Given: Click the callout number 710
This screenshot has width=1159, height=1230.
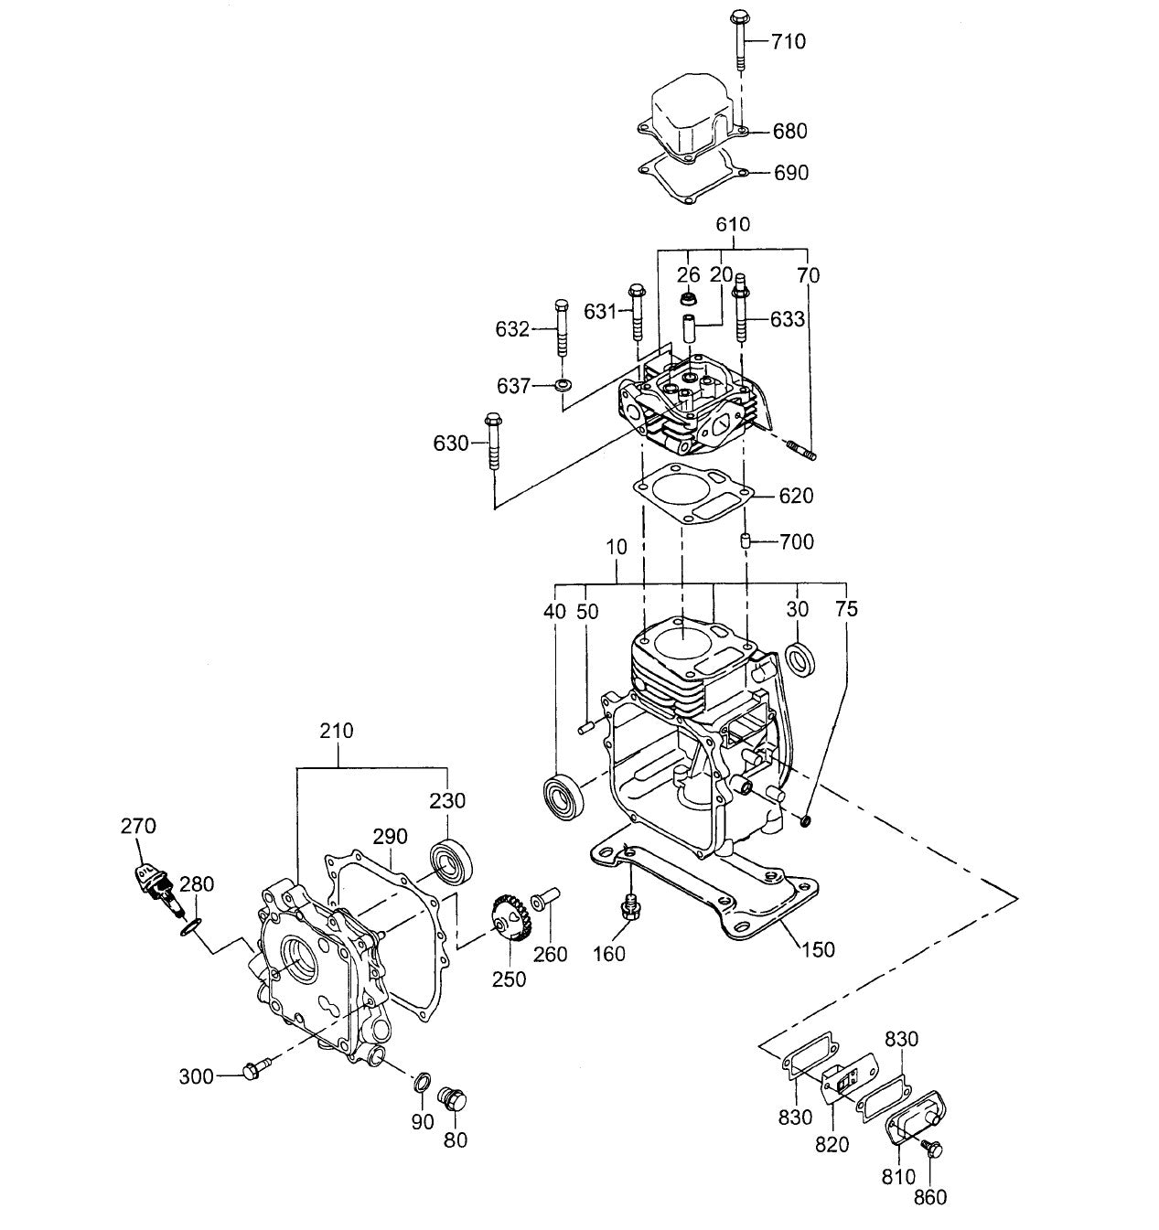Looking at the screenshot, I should [x=788, y=41].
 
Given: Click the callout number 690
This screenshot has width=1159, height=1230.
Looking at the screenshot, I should [x=790, y=173].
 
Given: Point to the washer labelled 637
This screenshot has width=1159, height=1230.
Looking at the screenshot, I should [x=563, y=385].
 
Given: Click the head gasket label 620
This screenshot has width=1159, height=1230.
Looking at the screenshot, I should [x=796, y=496].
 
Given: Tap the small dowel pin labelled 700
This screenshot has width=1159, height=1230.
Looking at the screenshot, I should [x=746, y=541].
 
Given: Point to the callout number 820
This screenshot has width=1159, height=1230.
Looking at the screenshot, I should [x=832, y=1144].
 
